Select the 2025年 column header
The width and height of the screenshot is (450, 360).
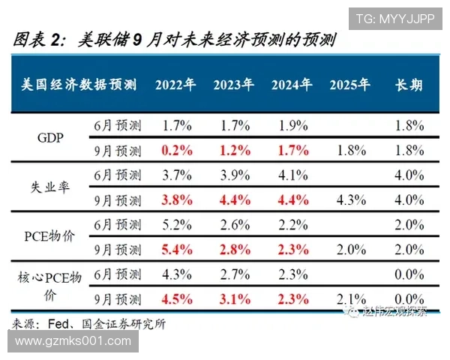tap(349, 85)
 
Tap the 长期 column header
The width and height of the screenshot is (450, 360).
tap(409, 85)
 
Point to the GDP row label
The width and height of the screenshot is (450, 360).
tap(50, 137)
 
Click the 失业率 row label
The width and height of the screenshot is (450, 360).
tap(50, 187)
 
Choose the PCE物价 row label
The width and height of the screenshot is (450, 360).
tap(50, 236)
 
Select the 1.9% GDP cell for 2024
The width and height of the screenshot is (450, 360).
tap(291, 124)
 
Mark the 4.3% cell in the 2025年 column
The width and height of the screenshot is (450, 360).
tap(349, 200)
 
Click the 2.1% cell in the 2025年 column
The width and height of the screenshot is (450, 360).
tap(349, 298)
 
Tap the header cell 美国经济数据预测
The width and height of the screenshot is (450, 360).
tap(78, 85)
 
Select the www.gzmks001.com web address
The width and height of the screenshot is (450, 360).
tap(73, 341)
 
